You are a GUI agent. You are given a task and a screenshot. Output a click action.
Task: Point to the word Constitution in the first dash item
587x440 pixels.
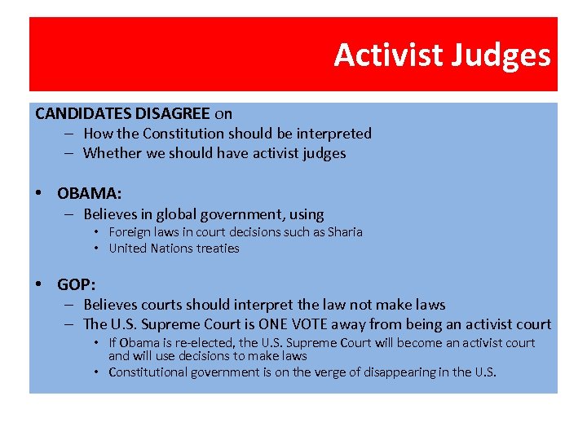185,133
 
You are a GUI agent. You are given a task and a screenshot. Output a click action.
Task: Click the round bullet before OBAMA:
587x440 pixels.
39,193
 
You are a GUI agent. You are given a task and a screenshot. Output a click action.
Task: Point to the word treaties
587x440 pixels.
218,249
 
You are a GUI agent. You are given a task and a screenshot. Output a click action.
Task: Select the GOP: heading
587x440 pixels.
77,284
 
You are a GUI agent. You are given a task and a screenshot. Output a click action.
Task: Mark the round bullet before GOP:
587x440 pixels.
39,284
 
